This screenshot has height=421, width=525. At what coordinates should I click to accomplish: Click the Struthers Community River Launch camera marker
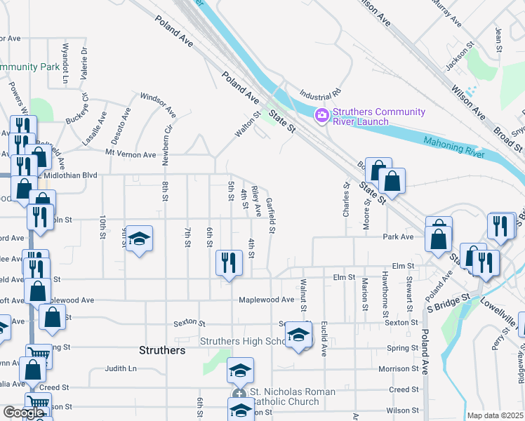pos(322,115)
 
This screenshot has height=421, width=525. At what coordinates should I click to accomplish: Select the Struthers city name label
pos(162,350)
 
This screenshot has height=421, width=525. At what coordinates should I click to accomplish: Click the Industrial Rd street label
pos(319,93)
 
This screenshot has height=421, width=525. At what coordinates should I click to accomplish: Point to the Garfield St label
pos(271,215)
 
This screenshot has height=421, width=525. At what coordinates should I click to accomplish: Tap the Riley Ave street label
pos(257,201)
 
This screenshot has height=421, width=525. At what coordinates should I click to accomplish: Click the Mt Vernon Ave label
pos(131,154)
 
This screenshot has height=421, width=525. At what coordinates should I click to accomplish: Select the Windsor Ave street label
pos(158,105)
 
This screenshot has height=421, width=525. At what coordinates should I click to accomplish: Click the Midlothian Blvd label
pos(70,175)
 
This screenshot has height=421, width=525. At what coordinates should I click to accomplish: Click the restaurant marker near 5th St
pos(228,263)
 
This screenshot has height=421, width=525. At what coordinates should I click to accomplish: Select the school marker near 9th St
pos(140,240)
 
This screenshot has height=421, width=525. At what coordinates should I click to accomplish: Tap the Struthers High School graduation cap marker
pos(298,337)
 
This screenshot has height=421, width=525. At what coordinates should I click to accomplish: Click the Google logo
pos(25,413)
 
